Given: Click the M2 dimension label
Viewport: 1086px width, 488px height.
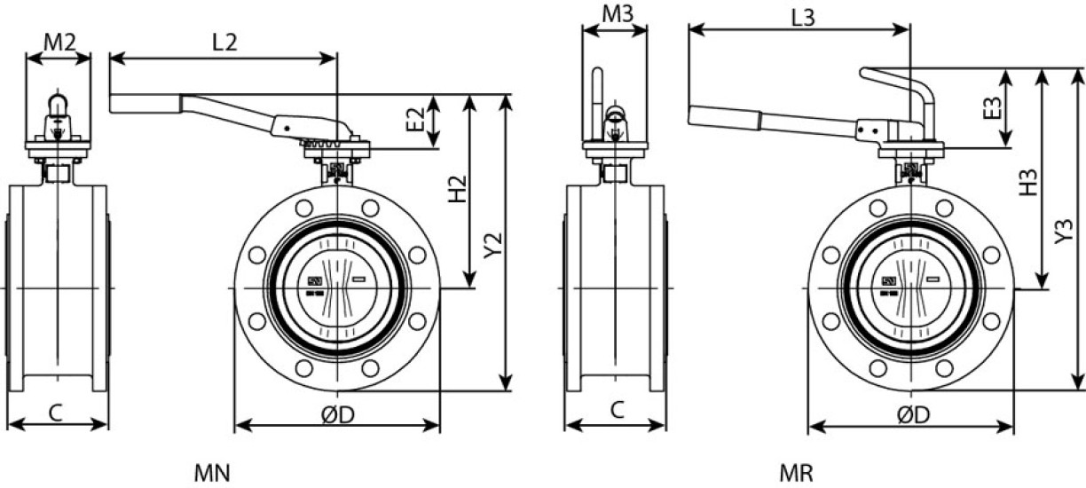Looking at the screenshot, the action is click(x=59, y=43).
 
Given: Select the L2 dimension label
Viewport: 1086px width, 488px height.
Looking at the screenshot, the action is click(x=225, y=43).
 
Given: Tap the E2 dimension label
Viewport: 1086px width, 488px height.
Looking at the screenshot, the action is click(x=415, y=120).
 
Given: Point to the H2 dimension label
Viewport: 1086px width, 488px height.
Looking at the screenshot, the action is click(x=457, y=188).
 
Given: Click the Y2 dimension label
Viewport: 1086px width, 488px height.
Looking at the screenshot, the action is click(x=493, y=246).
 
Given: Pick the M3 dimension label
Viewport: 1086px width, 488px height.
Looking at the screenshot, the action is click(x=618, y=14).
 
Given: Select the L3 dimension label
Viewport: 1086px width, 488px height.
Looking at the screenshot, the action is click(x=803, y=19).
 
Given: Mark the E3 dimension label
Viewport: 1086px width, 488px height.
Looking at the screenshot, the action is click(x=992, y=108).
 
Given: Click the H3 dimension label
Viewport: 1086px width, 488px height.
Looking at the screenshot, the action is click(x=1027, y=183).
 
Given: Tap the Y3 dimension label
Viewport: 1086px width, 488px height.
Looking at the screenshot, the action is click(x=1064, y=232).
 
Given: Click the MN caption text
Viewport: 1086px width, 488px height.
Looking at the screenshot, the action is click(x=212, y=473).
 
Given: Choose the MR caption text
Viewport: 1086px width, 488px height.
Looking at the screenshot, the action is click(x=797, y=473).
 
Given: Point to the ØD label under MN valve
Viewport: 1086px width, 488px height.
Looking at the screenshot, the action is click(x=338, y=414).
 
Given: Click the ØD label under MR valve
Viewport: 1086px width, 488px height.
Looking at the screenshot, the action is click(x=913, y=415).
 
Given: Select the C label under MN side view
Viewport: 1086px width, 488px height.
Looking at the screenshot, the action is click(x=56, y=413).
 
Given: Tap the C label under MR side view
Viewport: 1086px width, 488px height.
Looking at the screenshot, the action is click(x=617, y=410).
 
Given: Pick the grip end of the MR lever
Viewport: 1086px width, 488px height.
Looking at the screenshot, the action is click(x=724, y=118).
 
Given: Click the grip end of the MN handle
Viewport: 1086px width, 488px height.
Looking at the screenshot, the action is click(x=146, y=104).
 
